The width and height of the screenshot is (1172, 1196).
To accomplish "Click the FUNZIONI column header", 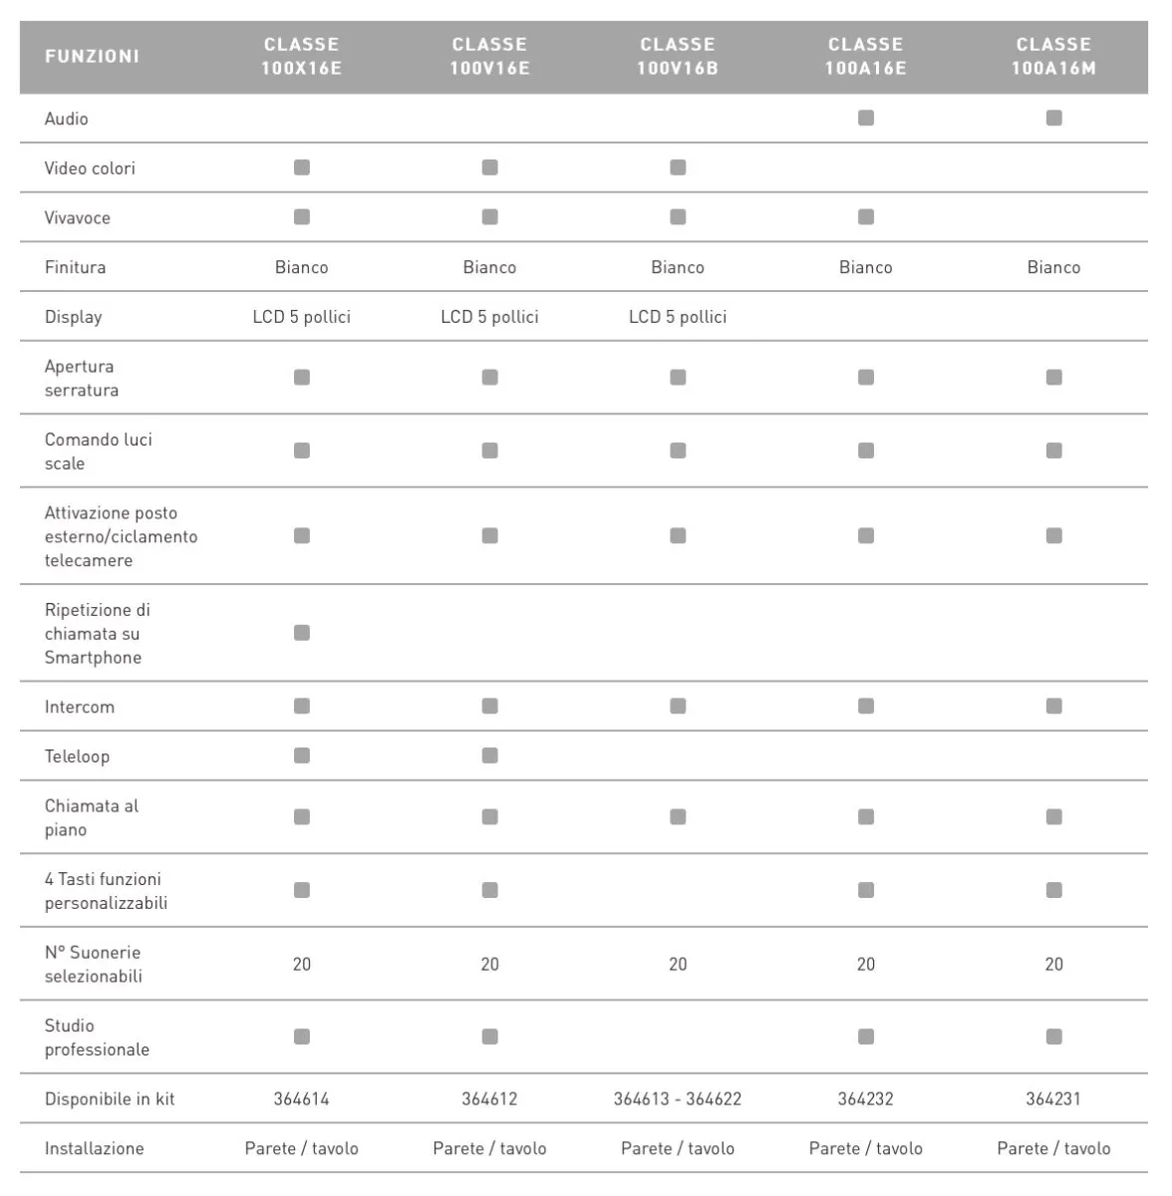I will (x=92, y=57).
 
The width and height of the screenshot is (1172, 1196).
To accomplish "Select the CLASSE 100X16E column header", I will (x=301, y=57).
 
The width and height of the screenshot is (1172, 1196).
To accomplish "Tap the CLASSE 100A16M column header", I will (x=1053, y=57).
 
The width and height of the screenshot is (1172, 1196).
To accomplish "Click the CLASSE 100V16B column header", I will (x=678, y=57).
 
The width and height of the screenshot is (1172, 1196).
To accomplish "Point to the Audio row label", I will (x=67, y=119).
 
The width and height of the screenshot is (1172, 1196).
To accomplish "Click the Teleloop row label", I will (x=77, y=756).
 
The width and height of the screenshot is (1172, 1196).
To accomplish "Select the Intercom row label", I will (x=80, y=707).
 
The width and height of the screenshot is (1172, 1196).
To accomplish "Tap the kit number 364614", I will (x=301, y=1099).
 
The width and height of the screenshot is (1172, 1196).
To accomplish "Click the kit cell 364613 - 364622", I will (x=678, y=1099).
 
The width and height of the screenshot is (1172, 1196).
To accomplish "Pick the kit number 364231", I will (x=1053, y=1099).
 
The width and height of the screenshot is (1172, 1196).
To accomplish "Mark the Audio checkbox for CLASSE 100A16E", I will (x=866, y=118).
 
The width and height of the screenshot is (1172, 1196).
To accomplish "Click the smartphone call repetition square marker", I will (x=302, y=633).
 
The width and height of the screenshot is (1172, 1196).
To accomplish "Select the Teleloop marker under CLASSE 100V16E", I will (x=489, y=755).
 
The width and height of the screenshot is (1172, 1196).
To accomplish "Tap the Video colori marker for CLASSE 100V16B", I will (x=678, y=167).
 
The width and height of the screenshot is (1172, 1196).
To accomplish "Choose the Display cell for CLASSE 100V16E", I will (x=489, y=317).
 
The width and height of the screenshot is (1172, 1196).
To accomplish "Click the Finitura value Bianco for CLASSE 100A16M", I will (x=1053, y=267).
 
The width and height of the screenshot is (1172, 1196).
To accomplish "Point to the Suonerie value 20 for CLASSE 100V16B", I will (x=678, y=964).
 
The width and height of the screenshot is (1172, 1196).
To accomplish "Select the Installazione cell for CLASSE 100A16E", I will (x=866, y=1148).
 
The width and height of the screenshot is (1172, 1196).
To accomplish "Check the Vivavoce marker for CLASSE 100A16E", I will (x=866, y=217).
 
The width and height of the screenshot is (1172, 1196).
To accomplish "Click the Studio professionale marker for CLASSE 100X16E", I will (x=302, y=1037).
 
